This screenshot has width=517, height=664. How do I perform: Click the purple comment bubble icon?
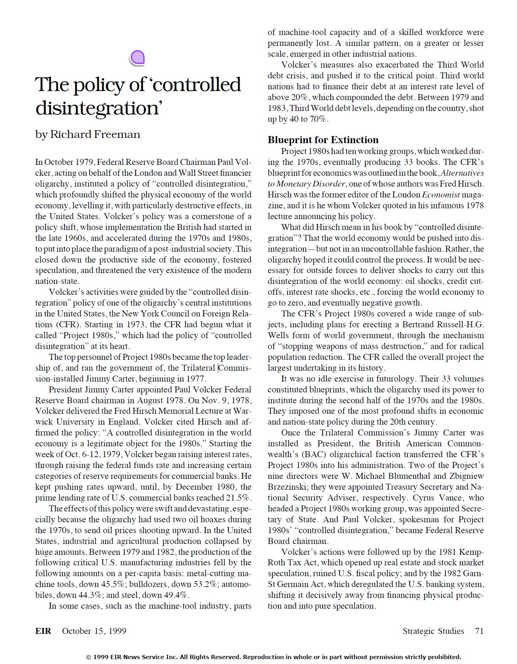pyautogui.click(x=137, y=58)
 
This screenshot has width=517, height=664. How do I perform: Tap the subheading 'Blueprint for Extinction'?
pyautogui.click(x=323, y=140)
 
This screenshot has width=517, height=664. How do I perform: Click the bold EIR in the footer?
pyautogui.click(x=43, y=631)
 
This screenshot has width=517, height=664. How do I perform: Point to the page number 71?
pyautogui.click(x=479, y=631)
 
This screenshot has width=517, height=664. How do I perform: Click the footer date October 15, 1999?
pyautogui.click(x=94, y=631)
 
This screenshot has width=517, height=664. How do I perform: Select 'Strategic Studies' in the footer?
pyautogui.click(x=433, y=631)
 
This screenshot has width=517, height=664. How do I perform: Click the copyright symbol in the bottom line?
pyautogui.click(x=89, y=657)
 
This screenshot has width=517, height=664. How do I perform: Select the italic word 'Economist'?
pyautogui.click(x=441, y=195)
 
